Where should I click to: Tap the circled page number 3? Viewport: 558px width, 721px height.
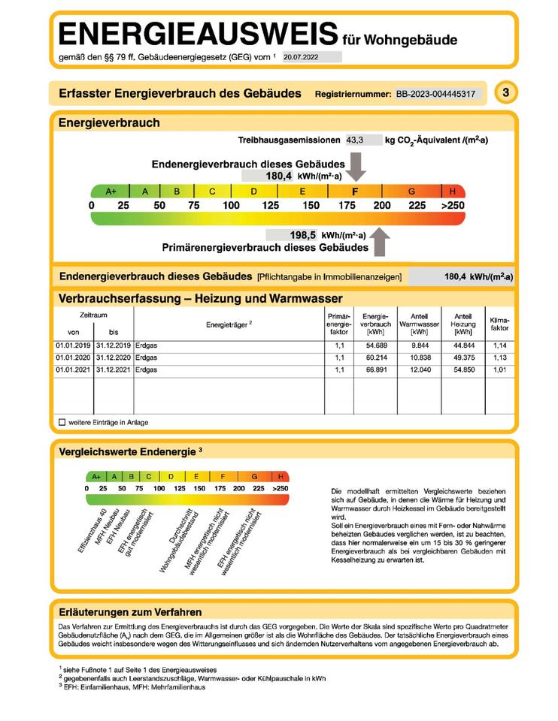[x=505, y=93]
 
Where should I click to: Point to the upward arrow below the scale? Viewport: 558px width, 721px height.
[x=381, y=243]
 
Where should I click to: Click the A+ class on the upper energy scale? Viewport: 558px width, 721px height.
[x=111, y=192]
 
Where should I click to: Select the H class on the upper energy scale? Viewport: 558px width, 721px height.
[x=452, y=192]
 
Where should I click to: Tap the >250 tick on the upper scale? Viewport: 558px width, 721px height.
[x=452, y=205]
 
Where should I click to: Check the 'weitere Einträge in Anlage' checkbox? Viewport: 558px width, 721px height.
[x=62, y=422]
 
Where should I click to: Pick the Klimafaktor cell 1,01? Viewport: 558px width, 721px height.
[x=499, y=370]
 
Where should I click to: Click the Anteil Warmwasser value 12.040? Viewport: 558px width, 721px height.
[x=419, y=370]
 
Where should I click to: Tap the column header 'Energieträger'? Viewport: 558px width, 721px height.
[x=229, y=324]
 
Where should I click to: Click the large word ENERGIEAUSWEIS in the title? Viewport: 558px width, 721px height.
[x=197, y=35]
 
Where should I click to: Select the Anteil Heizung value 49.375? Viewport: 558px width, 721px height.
[x=463, y=357]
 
